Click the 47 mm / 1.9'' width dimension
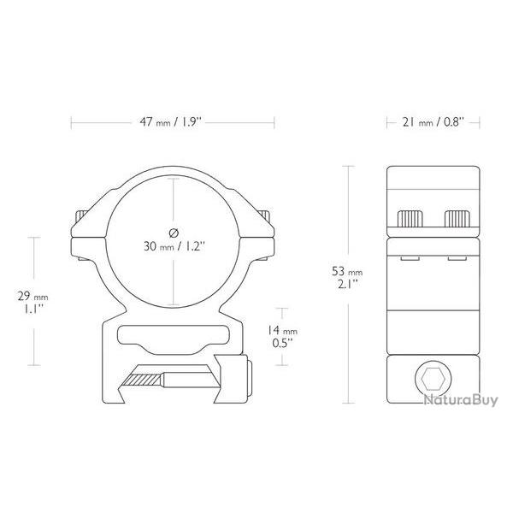pos(172,122)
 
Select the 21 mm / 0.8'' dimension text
pos(433,122)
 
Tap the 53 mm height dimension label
pos(347,272)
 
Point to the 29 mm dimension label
pos(32,297)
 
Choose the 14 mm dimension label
pos(282,330)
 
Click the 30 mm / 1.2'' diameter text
pos(174,246)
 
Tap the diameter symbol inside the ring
pos(174,233)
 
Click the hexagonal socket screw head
pos(433,379)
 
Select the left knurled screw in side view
pos(410,219)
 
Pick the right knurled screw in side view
pos(457,219)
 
